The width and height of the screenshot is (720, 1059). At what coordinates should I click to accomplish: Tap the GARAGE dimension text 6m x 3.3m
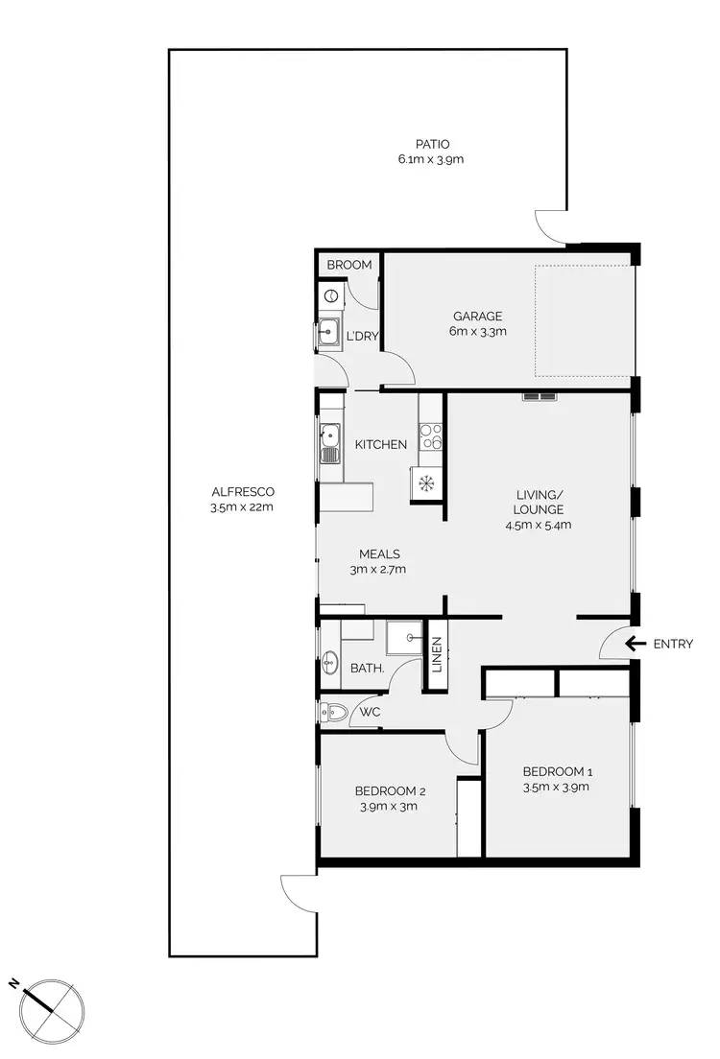[x=478, y=332]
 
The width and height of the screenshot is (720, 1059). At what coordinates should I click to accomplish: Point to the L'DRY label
[x=361, y=336]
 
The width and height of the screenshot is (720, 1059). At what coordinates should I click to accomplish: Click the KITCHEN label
[x=381, y=444]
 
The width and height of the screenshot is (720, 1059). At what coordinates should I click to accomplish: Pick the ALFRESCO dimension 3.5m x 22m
[x=242, y=507]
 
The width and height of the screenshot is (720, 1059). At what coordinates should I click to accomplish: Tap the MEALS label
[x=379, y=553]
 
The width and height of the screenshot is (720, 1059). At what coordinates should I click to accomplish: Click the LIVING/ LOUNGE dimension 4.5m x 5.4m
[x=538, y=525]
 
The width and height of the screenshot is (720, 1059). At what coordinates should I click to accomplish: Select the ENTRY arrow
[x=634, y=644]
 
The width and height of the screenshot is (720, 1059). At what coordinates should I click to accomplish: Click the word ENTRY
[x=673, y=644]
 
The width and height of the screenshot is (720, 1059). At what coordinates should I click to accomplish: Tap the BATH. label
[x=368, y=668]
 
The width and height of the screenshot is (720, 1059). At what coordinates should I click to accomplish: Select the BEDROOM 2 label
[x=390, y=791]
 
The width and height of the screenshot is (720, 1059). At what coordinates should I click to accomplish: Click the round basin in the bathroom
[x=330, y=661]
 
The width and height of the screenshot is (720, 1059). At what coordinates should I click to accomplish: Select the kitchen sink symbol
[x=330, y=444]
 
